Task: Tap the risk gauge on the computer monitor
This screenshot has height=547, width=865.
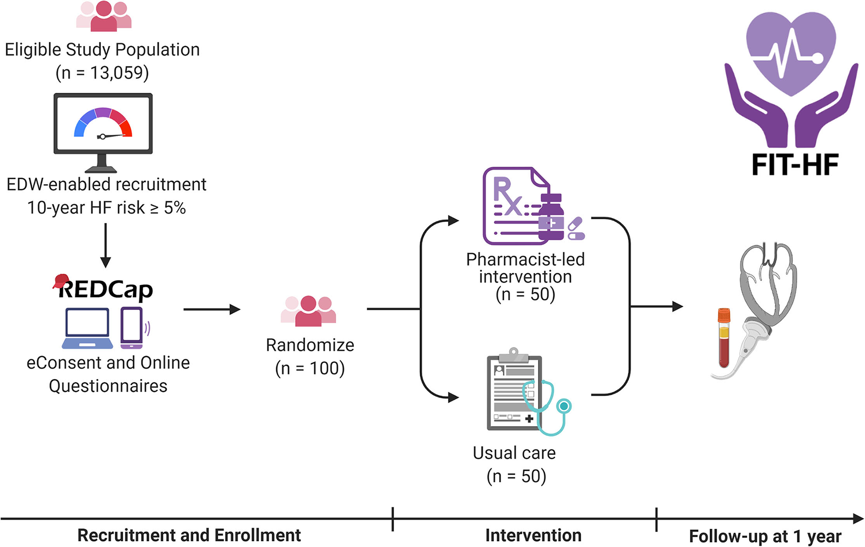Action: pos(103,124)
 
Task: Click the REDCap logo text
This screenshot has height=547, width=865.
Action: pos(105,289)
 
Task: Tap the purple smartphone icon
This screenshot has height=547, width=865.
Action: pos(132,328)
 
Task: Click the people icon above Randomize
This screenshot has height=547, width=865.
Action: pos(309,311)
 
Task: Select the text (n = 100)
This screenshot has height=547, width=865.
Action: pos(310,368)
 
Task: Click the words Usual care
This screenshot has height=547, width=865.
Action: pos(514,453)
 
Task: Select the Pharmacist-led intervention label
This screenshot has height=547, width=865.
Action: pos(525,268)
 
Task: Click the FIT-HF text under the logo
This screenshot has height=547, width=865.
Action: pos(795,165)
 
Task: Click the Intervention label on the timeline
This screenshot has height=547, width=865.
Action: pos(533,535)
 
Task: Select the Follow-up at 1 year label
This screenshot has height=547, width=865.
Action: pos(765,536)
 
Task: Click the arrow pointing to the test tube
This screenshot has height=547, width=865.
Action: pos(657,306)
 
